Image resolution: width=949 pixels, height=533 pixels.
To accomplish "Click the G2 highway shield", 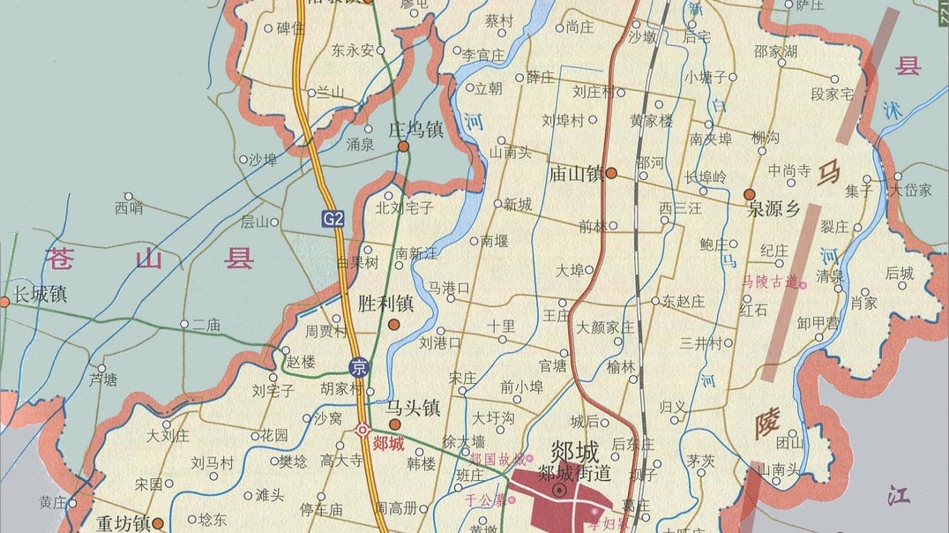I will coord(333,218).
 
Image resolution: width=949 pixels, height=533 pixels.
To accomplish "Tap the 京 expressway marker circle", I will coord(358,367).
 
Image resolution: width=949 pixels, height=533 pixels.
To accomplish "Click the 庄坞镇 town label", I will coord(415,130).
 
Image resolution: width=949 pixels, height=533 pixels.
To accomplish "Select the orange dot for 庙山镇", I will coord(610,173).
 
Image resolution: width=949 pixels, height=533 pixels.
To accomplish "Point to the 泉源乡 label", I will coord(773,210).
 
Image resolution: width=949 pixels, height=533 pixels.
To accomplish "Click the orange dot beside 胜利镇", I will coord(394,324).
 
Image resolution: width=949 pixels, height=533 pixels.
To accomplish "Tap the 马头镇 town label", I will coord(413,408).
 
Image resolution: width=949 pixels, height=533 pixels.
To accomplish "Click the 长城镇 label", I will coord(41,294).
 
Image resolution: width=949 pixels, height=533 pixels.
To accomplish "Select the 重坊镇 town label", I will coord(124,522).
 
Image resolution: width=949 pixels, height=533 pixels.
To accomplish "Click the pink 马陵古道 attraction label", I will coord(770,282).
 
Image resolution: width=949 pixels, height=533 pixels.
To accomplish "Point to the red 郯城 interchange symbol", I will coord(362,430).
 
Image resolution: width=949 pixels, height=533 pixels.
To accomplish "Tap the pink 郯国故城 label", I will coord(496,459).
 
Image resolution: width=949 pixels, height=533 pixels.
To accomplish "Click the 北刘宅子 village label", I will coord(405,208).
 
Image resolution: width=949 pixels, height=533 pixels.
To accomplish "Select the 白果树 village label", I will coord(357,263).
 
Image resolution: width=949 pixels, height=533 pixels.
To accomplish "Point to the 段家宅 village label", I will coord(832,94).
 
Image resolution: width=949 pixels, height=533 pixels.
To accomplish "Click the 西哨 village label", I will coord(129,209).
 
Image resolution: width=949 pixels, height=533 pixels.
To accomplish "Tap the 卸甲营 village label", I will coord(818,323).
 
